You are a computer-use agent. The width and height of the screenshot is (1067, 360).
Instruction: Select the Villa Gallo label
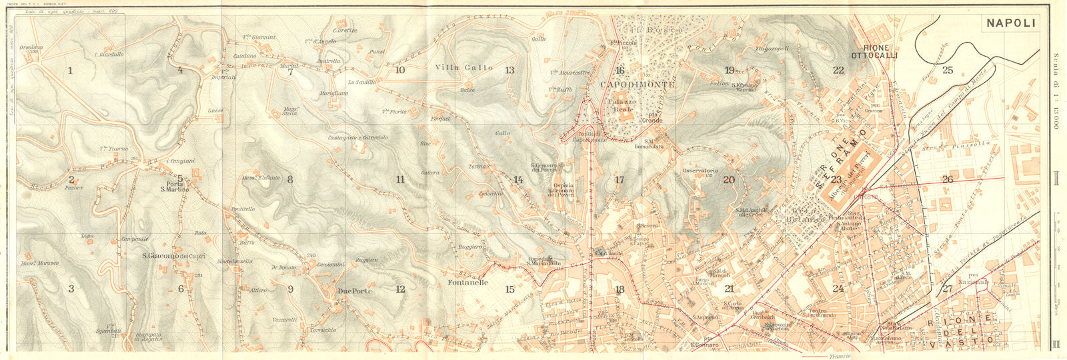click(464, 67)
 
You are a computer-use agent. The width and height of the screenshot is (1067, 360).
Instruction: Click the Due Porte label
click(355, 291)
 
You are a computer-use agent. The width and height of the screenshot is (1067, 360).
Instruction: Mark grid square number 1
click(70, 70)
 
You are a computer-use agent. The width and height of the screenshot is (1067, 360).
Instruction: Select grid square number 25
click(948, 70)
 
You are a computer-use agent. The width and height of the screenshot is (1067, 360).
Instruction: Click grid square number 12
click(400, 289)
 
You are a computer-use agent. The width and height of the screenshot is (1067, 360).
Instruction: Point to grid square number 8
click(290, 179)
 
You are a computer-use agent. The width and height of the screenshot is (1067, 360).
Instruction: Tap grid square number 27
click(948, 289)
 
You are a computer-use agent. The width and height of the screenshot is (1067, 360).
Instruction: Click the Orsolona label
click(31, 48)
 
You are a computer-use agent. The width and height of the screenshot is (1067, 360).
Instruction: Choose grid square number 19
click(729, 70)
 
